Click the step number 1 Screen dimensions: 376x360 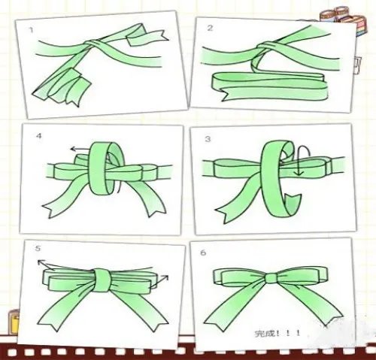(x=31, y=30)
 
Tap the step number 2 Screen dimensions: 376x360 (x=210, y=28)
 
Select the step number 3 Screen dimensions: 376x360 (x=208, y=139)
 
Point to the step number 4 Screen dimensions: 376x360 (x=39, y=136)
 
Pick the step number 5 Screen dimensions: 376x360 (x=38, y=249)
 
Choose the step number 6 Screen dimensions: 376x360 (x=203, y=253)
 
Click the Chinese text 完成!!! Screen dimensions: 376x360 (x=277, y=334)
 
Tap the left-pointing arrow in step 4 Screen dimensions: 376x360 (x=80, y=150)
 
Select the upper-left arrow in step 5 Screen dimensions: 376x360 (x=46, y=265)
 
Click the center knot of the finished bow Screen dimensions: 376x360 (x=270, y=278)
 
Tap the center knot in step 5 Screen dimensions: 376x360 (x=102, y=280)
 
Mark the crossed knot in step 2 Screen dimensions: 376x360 (x=265, y=47)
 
